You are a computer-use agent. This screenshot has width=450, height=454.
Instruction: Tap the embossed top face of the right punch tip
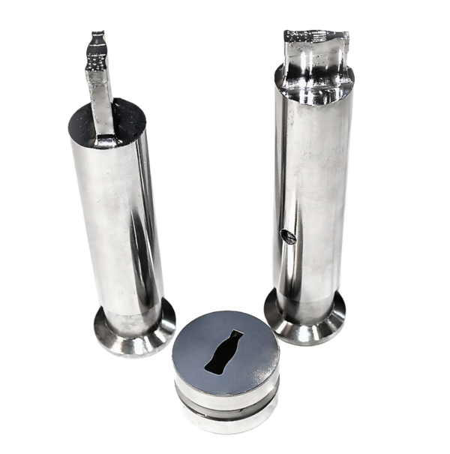point(315,35)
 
